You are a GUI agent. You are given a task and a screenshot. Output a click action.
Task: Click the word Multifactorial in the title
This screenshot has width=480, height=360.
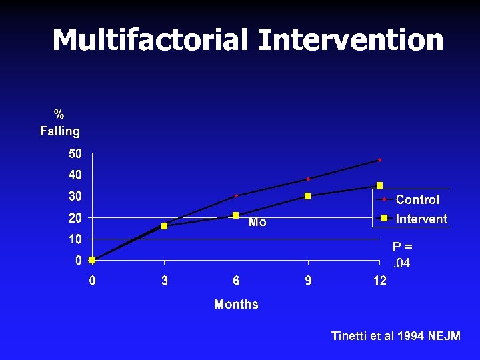pyautogui.click(x=151, y=40)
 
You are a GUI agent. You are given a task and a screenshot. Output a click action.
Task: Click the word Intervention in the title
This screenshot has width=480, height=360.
pyautogui.click(x=351, y=40)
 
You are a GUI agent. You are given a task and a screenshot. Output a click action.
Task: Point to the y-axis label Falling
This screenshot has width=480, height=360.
pyautogui.click(x=60, y=131)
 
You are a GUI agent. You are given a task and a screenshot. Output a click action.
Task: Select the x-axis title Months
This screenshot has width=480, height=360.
pyautogui.click(x=236, y=305)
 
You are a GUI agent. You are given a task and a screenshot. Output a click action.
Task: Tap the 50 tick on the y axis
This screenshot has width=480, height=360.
pyautogui.click(x=75, y=154)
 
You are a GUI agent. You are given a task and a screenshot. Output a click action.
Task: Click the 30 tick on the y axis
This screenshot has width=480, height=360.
pyautogui.click(x=75, y=197)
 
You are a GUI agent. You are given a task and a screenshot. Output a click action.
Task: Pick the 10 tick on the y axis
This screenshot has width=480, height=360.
pyautogui.click(x=75, y=239)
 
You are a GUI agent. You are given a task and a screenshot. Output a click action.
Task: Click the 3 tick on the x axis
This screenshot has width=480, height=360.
pyautogui.click(x=165, y=281)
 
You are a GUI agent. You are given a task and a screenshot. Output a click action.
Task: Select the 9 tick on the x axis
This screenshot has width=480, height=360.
pyautogui.click(x=308, y=281)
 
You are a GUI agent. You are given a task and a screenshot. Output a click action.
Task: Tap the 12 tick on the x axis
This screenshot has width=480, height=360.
pyautogui.click(x=379, y=281)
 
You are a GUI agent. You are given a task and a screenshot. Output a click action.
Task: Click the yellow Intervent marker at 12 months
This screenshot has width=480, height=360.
pyautogui.click(x=380, y=185)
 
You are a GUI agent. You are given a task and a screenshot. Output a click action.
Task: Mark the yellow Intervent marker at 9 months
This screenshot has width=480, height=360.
pyautogui.click(x=308, y=196)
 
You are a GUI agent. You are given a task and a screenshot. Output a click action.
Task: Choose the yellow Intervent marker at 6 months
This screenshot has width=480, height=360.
pyautogui.click(x=236, y=215)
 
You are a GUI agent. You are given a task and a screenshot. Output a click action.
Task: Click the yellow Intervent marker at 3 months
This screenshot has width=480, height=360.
pyautogui.click(x=165, y=226)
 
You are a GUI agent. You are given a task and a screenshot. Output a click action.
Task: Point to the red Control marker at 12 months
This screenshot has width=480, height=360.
pyautogui.click(x=380, y=160)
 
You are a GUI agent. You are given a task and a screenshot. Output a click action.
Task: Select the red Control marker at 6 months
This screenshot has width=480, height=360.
pyautogui.click(x=236, y=196)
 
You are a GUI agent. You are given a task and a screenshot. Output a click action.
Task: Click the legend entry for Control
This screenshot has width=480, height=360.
pyautogui.click(x=417, y=199)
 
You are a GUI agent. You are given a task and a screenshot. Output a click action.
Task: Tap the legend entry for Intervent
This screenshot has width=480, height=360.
pyautogui.click(x=421, y=219)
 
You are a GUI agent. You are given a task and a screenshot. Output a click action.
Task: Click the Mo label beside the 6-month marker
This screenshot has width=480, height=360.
pyautogui.click(x=257, y=223)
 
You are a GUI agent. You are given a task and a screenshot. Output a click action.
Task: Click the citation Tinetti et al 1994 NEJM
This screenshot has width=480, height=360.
pyautogui.click(x=395, y=336)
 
